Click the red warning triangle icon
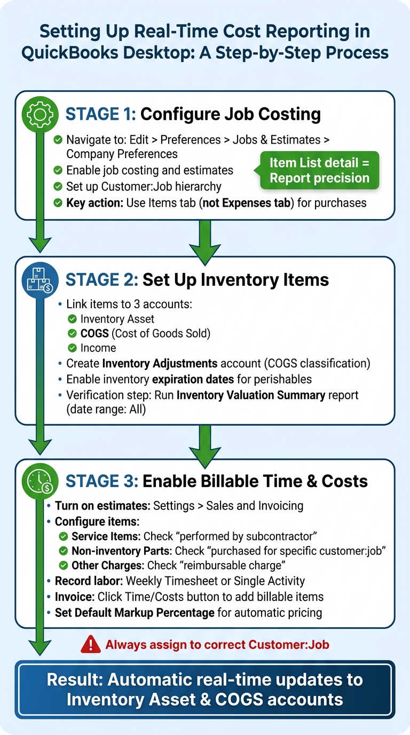click(91, 644)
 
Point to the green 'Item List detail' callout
click(319, 170)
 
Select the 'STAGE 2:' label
click(100, 280)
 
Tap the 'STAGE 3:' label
click(100, 481)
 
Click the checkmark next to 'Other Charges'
click(64, 565)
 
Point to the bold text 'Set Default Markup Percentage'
click(135, 612)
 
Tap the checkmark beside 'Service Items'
click(64, 536)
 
